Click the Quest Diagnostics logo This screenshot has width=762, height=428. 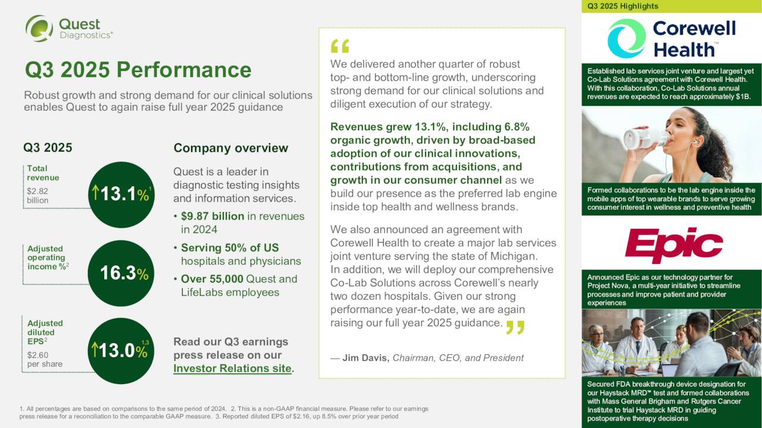(x=68, y=29)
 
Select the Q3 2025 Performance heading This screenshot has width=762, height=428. (x=138, y=70)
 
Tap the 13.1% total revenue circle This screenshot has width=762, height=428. (x=121, y=194)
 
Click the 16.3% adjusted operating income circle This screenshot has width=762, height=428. (x=121, y=273)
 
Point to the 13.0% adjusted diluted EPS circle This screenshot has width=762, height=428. (x=121, y=351)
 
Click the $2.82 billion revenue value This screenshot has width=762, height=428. (x=38, y=196)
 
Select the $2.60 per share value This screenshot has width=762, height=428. (x=44, y=359)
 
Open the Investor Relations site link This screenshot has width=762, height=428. (x=233, y=369)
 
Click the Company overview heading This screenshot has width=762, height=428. (x=230, y=148)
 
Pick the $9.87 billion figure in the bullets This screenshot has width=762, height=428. (x=213, y=216)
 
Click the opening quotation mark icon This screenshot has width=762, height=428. (x=339, y=46)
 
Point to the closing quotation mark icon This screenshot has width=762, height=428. (x=515, y=328)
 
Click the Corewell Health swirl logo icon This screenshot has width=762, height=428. (x=626, y=38)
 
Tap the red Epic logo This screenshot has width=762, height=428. (x=674, y=244)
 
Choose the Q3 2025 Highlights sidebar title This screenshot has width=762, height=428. (x=623, y=6)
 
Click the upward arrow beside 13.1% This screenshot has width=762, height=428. (x=95, y=193)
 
